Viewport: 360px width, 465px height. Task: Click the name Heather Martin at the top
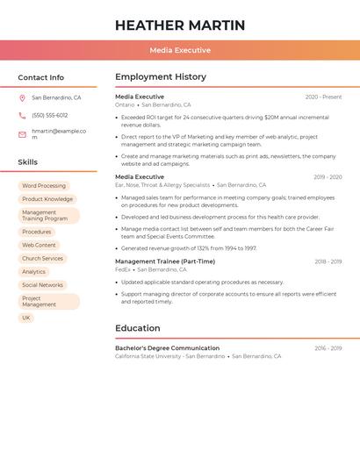(x=180, y=25)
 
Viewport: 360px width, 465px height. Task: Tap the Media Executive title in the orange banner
(x=180, y=50)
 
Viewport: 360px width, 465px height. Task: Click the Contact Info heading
(x=41, y=77)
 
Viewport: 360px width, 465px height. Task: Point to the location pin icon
(x=23, y=97)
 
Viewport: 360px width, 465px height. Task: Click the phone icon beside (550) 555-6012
(x=23, y=115)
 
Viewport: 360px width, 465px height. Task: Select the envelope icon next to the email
(x=23, y=133)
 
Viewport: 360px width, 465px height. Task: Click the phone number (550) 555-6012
(x=50, y=115)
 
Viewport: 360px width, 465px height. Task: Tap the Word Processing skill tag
(x=44, y=186)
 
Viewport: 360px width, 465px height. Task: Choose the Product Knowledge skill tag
(x=47, y=199)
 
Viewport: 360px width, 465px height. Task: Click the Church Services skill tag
(x=43, y=258)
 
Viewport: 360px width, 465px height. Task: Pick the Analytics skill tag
(x=34, y=272)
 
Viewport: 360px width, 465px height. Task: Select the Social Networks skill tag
(x=43, y=285)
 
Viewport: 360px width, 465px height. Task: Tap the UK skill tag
(x=26, y=318)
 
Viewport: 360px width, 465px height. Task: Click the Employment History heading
(x=161, y=77)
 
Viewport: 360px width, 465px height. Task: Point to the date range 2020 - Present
(x=323, y=97)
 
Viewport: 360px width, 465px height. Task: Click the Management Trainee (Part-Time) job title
(x=165, y=261)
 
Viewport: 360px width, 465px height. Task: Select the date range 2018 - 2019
(x=328, y=261)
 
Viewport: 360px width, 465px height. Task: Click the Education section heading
(x=138, y=328)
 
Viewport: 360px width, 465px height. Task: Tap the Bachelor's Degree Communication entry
(x=167, y=348)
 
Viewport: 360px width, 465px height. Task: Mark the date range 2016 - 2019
(x=328, y=348)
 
